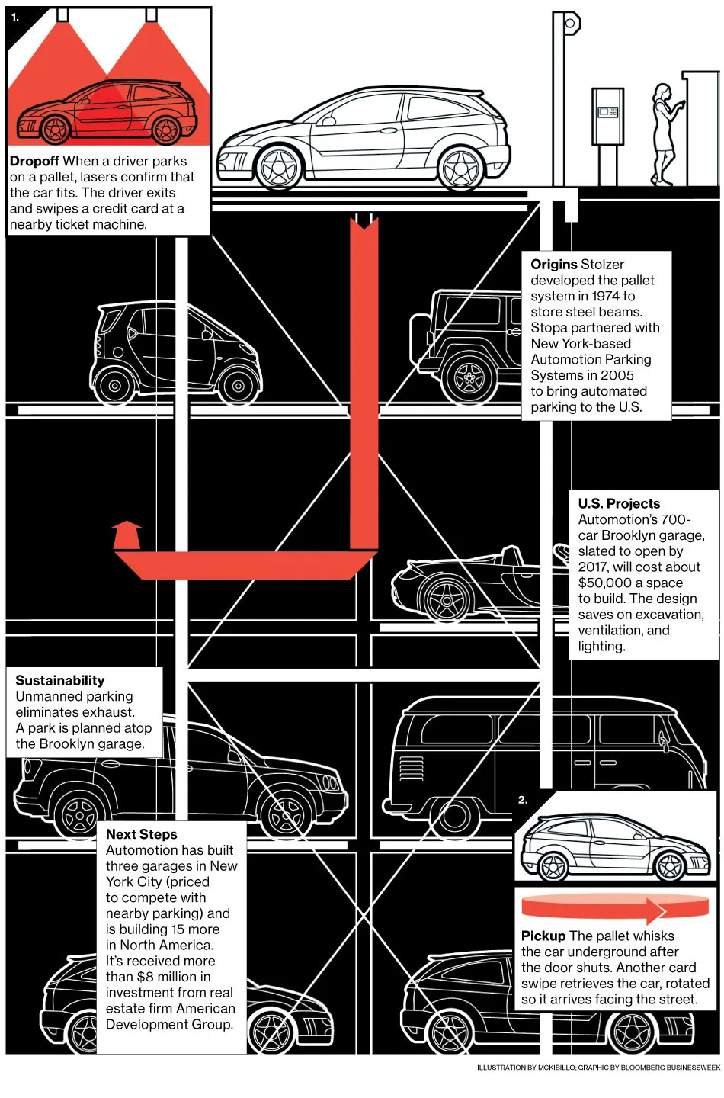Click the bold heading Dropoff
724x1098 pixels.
(x=34, y=162)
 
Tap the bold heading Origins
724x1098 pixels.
(x=554, y=265)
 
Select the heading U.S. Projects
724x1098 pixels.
(x=619, y=503)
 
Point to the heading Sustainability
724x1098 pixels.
(x=60, y=680)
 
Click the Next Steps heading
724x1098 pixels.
(x=141, y=834)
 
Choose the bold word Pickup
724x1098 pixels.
(x=543, y=936)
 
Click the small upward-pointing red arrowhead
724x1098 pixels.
(x=127, y=533)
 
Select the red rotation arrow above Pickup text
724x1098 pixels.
(x=593, y=907)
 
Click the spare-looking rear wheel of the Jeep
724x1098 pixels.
(x=469, y=377)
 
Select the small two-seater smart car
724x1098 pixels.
(x=175, y=351)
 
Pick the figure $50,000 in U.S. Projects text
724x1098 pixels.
(x=604, y=583)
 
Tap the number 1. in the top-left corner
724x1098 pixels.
(x=15, y=18)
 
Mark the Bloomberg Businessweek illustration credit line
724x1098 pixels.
(x=598, y=1067)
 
